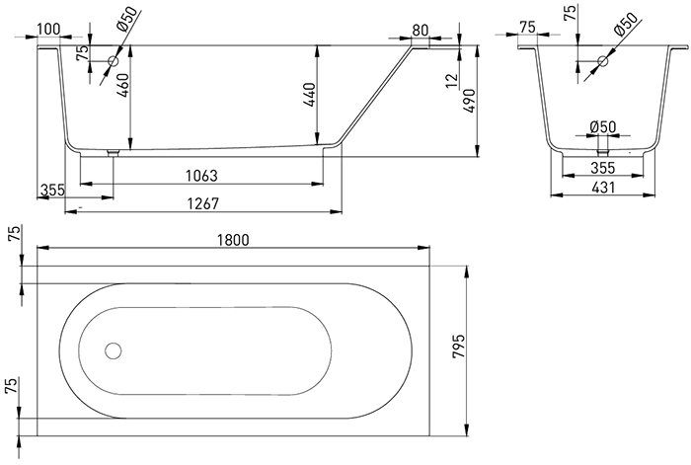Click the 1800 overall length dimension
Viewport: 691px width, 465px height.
tap(233, 240)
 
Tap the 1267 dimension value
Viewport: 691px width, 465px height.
tap(202, 203)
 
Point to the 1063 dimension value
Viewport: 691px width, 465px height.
tap(201, 176)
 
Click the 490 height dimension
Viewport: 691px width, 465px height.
tap(469, 101)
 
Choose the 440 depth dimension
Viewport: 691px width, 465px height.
tap(310, 95)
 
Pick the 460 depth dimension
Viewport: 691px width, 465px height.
tap(122, 86)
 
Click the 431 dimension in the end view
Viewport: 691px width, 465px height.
tap(603, 188)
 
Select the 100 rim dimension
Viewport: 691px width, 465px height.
tap(48, 29)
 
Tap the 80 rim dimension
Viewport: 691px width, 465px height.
tap(420, 30)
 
